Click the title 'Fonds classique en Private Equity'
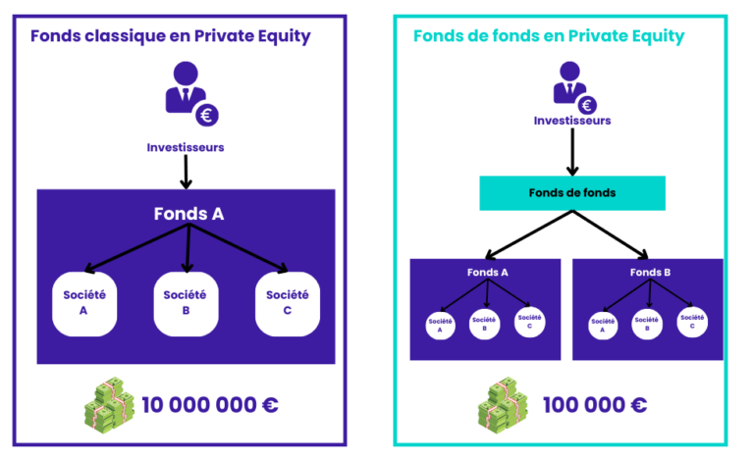click(170, 36)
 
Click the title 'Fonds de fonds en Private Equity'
click(549, 36)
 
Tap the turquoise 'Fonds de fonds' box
click(572, 193)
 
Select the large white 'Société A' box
click(84, 303)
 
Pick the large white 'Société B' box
click(186, 303)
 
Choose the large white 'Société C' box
click(287, 303)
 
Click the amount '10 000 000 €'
click(210, 405)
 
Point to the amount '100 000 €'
click(595, 405)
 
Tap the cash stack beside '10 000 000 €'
click(109, 405)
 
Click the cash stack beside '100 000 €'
click(503, 405)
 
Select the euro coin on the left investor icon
click(207, 116)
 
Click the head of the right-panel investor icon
click(569, 71)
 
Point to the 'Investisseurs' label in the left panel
click(186, 147)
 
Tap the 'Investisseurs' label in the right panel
click(572, 121)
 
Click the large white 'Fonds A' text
click(188, 214)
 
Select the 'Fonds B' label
click(650, 273)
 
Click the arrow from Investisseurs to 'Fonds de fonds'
click(572, 152)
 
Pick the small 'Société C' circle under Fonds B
click(692, 322)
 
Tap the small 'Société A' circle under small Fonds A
click(440, 325)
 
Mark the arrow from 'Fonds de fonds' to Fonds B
click(611, 234)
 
